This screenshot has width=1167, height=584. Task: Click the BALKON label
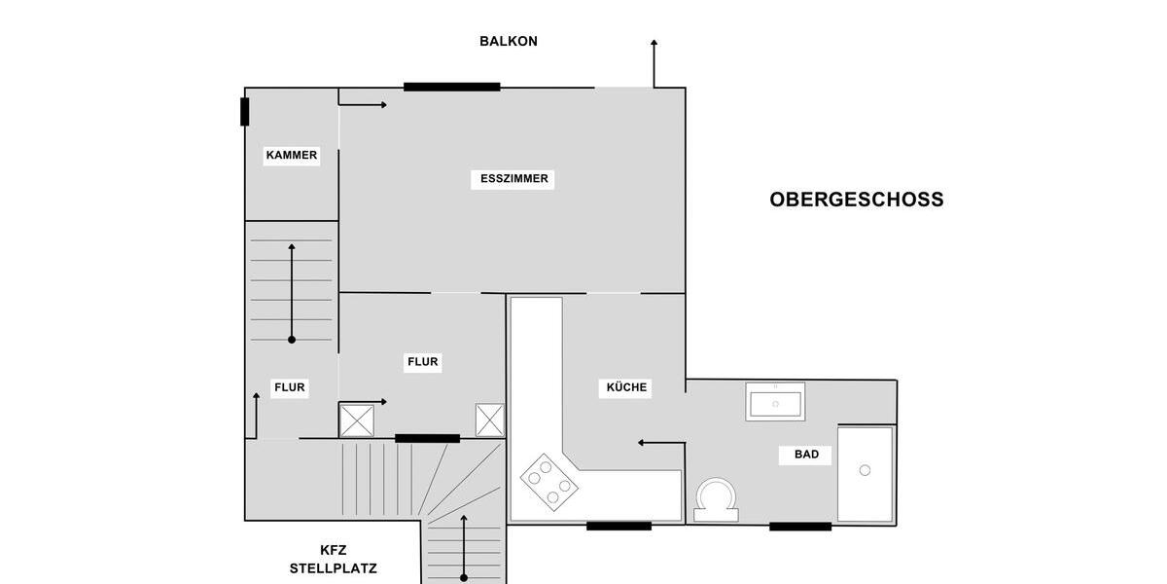508,42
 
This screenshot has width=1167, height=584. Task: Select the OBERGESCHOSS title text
856,200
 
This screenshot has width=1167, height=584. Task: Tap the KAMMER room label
291,155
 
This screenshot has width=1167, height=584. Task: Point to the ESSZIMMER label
514,179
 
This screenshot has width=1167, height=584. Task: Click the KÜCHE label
626,387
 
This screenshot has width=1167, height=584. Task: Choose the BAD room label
806,455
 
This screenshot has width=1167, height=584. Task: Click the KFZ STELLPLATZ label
333,559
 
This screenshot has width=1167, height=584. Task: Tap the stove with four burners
549,482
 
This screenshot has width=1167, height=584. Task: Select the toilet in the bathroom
716,500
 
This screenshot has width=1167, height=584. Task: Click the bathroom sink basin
775,402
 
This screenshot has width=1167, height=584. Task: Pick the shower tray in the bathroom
865,474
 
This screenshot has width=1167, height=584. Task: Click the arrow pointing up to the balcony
654,63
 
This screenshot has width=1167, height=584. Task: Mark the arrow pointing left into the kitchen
661,443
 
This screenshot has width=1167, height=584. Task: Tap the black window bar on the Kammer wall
245,112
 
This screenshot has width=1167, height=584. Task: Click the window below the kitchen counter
619,527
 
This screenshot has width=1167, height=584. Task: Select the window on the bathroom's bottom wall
800,527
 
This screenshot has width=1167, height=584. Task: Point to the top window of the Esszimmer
451,87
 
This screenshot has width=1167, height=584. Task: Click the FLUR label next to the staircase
289,387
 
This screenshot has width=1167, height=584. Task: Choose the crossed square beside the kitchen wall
489,420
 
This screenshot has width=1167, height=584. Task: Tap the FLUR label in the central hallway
423,362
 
